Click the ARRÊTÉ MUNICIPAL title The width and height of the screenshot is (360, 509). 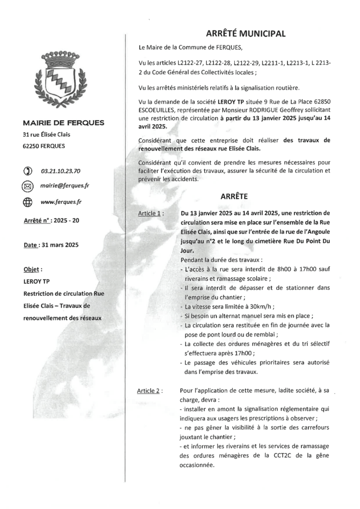(246, 34)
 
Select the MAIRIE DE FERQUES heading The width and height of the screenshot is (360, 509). (63, 123)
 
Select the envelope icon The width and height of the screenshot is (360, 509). (27, 186)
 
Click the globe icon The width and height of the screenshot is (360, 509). (27, 202)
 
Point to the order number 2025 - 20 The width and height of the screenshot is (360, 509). (64, 220)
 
